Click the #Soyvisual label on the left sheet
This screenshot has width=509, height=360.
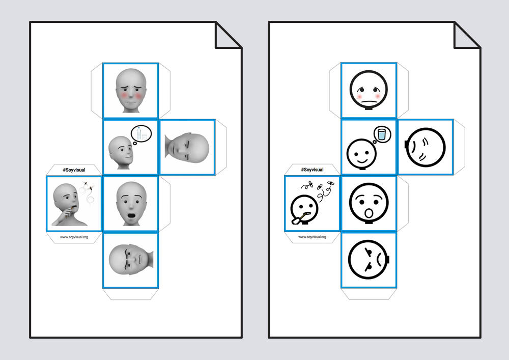(x=74, y=170)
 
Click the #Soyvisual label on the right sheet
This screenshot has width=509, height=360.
(x=313, y=170)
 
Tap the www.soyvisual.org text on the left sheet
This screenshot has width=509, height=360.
(x=74, y=237)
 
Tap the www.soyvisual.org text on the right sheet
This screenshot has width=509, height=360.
(x=313, y=237)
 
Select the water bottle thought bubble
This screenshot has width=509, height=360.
(x=141, y=134)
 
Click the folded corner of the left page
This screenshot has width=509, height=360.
(x=228, y=35)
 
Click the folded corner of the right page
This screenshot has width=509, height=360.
(x=467, y=35)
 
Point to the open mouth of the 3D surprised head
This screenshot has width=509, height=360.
(x=131, y=215)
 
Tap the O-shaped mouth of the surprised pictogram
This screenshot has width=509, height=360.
(x=369, y=213)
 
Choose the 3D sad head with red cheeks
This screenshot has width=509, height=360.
(x=131, y=91)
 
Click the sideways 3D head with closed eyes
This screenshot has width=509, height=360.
(x=187, y=148)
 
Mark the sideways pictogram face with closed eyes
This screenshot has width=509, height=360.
(x=425, y=147)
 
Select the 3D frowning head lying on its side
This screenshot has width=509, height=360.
(x=131, y=260)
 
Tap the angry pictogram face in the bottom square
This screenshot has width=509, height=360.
(x=369, y=260)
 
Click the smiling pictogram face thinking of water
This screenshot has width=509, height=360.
(x=361, y=154)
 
